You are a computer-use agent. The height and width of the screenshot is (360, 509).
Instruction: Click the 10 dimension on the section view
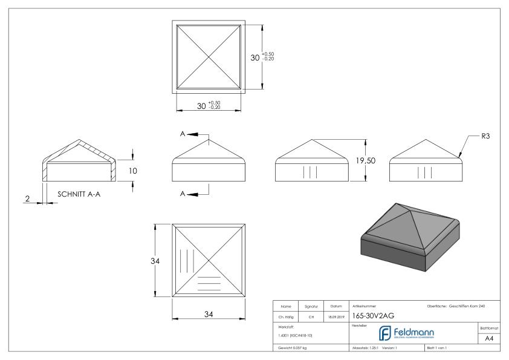[134, 171]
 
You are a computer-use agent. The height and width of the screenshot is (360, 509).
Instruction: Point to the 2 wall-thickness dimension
[28, 198]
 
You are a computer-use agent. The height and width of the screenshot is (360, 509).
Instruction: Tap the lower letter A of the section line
[182, 194]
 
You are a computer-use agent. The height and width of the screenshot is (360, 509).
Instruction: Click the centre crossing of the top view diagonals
[209, 57]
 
